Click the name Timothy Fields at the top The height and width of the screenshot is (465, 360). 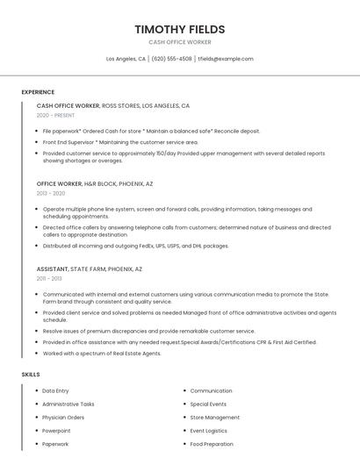click(x=179, y=29)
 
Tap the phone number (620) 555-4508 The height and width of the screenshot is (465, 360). click(x=171, y=59)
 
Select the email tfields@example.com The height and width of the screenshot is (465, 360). click(x=226, y=59)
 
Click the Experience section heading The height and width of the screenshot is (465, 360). click(x=38, y=92)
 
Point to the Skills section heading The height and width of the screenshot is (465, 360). click(x=31, y=375)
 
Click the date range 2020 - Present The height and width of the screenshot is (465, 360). click(x=55, y=115)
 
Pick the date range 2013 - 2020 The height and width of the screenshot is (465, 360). click(x=51, y=193)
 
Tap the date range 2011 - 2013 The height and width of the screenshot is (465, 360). click(x=49, y=278)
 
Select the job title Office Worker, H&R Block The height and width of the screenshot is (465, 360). click(x=95, y=183)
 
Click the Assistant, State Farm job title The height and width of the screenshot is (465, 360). click(x=90, y=268)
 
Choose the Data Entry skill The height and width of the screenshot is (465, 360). click(x=55, y=390)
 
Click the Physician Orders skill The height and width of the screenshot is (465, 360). click(x=63, y=418)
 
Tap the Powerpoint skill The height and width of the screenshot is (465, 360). click(x=56, y=431)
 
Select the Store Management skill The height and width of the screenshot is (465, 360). click(x=214, y=418)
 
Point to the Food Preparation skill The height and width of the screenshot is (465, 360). click(x=212, y=444)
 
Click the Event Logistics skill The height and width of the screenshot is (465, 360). click(x=209, y=431)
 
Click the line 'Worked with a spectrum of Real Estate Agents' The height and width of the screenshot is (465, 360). click(x=102, y=353)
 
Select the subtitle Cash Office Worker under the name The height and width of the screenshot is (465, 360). click(x=179, y=42)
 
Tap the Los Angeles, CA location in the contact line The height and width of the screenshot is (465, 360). click(x=126, y=59)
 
